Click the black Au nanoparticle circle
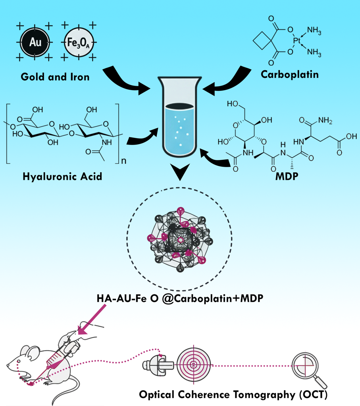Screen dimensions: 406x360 coord(35,41)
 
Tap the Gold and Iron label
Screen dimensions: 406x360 coord(55,76)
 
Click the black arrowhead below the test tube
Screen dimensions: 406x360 coord(180,173)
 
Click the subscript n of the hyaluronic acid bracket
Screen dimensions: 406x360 coord(123,162)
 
